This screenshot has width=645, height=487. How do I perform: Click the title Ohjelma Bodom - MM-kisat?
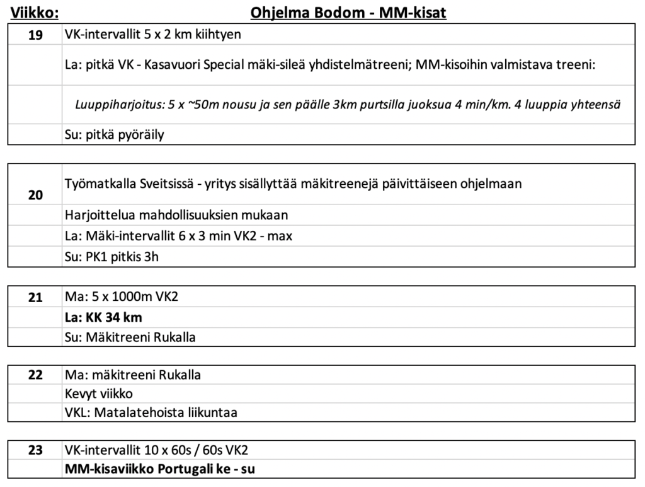click(348, 13)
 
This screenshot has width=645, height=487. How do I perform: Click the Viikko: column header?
click(35, 13)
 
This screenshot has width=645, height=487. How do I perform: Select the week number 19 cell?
click(36, 35)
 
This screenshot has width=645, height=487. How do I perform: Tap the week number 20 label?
click(36, 196)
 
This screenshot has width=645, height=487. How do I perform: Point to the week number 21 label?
click(36, 296)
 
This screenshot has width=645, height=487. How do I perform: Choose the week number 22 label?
click(36, 375)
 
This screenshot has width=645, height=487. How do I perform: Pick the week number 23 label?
click(36, 451)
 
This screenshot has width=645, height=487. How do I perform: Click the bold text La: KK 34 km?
click(104, 317)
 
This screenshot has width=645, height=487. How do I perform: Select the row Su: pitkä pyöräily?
click(115, 135)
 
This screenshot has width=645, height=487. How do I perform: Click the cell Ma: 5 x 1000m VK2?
click(122, 296)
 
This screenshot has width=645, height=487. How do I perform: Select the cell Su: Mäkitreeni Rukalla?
click(130, 337)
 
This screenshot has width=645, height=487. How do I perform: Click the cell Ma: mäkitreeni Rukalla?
click(133, 375)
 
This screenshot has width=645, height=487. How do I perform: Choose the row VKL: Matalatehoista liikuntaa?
click(154, 413)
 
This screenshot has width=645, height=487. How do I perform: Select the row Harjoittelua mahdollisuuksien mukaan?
click(176, 214)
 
